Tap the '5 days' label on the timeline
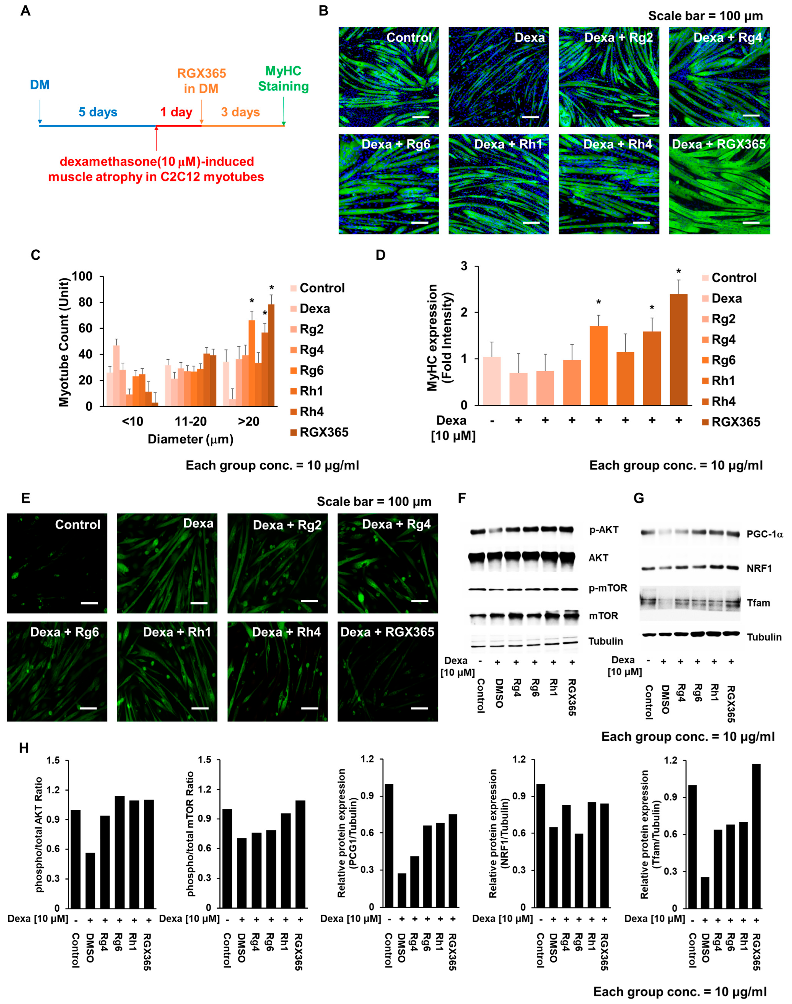(x=98, y=112)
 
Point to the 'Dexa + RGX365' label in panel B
(x=719, y=144)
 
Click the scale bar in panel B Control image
(x=421, y=117)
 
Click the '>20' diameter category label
(x=249, y=421)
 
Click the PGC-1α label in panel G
(x=764, y=534)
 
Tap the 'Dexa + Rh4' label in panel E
(x=286, y=632)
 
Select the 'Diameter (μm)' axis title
(x=190, y=439)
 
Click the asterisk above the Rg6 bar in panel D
(x=599, y=303)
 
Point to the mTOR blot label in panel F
(x=603, y=616)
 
